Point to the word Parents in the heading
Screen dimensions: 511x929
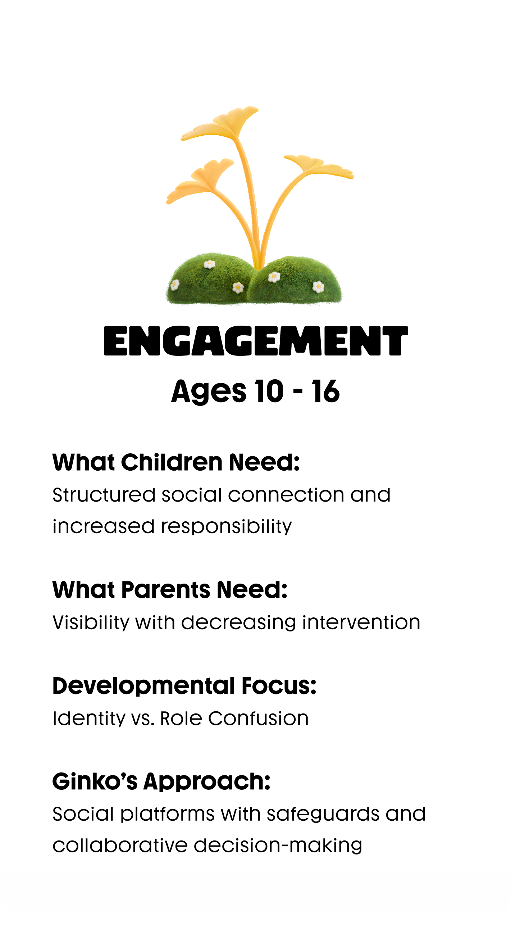click(x=165, y=590)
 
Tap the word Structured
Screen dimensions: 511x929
click(x=104, y=495)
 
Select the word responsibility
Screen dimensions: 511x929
click(x=226, y=527)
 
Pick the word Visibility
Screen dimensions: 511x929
click(x=91, y=623)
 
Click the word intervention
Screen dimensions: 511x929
click(x=361, y=622)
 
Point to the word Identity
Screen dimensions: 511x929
click(x=89, y=719)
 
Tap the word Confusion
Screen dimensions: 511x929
click(x=258, y=719)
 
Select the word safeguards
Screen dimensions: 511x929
click(x=323, y=814)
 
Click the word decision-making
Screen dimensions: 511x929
click(x=278, y=846)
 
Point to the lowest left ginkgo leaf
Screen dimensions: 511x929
click(x=200, y=180)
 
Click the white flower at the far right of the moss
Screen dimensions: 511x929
click(x=318, y=287)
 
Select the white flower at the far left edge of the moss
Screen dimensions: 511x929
click(x=175, y=285)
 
